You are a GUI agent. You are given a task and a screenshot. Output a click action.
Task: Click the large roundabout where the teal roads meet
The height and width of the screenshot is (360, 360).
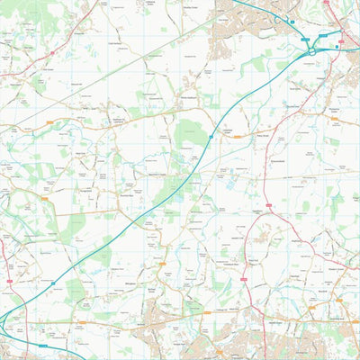311,51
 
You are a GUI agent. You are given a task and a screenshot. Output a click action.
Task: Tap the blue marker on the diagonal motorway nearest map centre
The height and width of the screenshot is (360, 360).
211,137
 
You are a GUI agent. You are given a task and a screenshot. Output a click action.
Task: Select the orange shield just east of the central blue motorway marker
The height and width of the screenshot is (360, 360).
232,136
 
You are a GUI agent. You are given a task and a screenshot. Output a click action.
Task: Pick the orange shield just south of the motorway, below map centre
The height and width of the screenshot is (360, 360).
163,264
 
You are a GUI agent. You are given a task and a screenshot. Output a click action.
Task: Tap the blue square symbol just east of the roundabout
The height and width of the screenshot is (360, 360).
337,46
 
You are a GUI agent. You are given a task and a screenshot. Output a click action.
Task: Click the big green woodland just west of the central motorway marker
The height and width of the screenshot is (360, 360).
189,135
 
